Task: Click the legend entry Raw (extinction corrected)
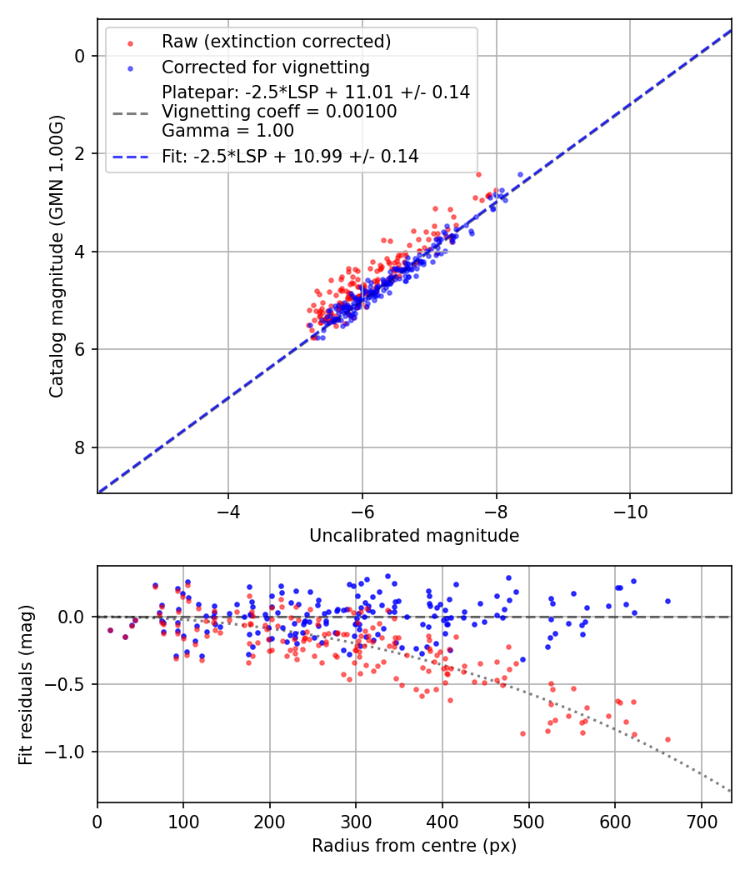(x=276, y=42)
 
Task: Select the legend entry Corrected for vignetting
(x=265, y=67)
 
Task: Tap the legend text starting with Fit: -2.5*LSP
(x=290, y=156)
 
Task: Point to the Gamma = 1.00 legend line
(x=227, y=130)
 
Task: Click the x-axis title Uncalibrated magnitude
(x=414, y=536)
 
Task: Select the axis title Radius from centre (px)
(x=414, y=846)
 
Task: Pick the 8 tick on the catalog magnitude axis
(x=81, y=448)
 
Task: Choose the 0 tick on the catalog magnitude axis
(x=81, y=56)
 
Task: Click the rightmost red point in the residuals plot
(x=667, y=739)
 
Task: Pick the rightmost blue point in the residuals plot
(x=667, y=601)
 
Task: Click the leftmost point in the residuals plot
(x=110, y=630)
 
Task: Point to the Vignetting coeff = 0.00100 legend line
(x=280, y=112)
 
